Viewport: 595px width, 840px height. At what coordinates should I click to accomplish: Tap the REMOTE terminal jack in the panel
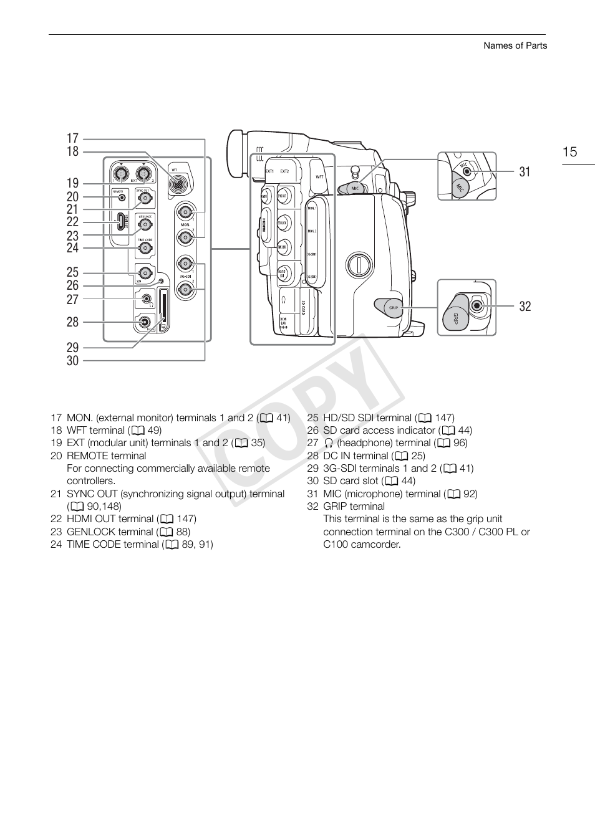click(x=122, y=198)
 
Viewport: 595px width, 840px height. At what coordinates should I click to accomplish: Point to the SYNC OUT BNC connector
click(x=145, y=198)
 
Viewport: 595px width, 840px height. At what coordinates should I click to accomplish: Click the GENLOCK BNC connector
click(x=145, y=222)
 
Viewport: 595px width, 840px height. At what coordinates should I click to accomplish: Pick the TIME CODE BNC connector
click(x=145, y=248)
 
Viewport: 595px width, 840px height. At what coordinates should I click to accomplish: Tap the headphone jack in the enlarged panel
click(x=146, y=299)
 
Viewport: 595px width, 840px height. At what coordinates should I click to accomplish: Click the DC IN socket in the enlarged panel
click(x=145, y=322)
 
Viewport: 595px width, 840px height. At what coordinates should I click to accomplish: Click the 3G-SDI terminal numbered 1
click(x=185, y=262)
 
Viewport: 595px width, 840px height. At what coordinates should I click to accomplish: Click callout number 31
click(x=525, y=172)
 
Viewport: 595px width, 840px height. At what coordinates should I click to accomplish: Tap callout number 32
click(x=525, y=306)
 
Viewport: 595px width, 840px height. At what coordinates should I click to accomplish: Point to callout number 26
click(x=72, y=285)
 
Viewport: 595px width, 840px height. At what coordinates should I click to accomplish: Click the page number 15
click(x=569, y=152)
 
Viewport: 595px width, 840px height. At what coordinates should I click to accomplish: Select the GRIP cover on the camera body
click(x=390, y=307)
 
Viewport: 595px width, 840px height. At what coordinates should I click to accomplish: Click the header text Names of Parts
click(x=515, y=45)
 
